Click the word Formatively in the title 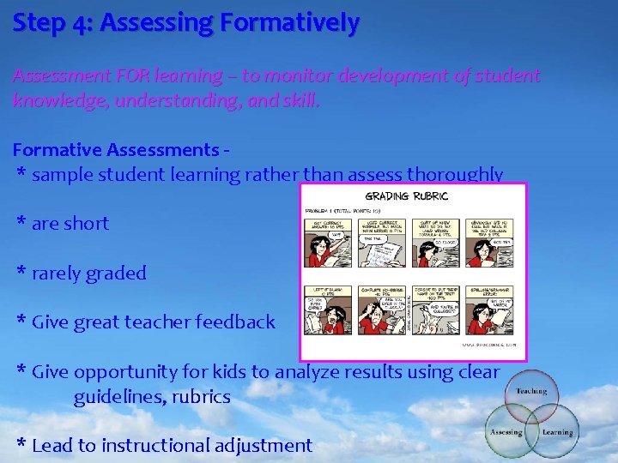(293, 23)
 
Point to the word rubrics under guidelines (199, 397)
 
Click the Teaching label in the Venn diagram (532, 390)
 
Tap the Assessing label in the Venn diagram (506, 432)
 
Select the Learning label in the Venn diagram (557, 432)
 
